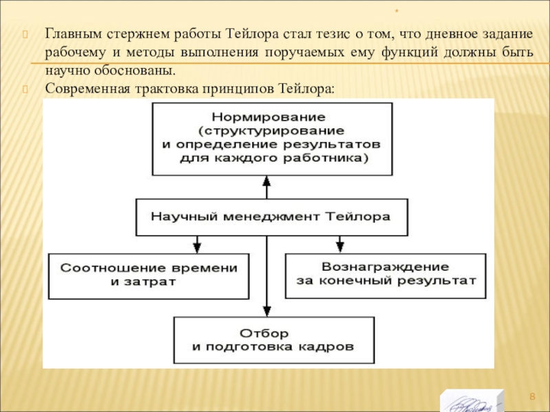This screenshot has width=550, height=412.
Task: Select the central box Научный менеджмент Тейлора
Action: click(272, 216)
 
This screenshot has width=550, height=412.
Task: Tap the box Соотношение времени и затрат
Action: click(148, 275)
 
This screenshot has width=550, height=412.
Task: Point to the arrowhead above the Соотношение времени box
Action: click(197, 245)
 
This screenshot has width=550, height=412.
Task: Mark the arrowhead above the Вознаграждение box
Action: click(339, 245)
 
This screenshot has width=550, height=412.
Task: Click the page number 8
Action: click(531, 398)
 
